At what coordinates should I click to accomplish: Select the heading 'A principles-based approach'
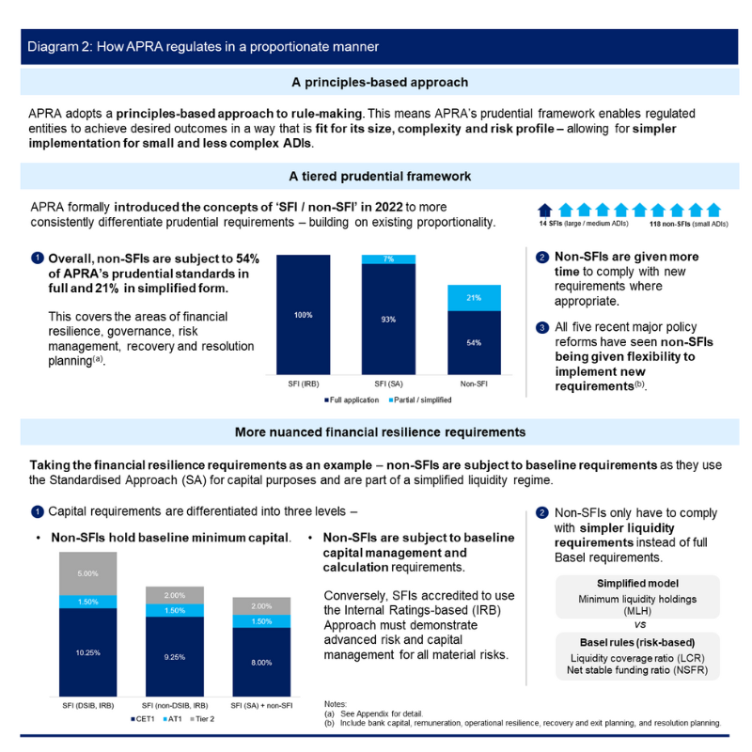pos(379,83)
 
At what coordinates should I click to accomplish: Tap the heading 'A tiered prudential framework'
pos(379,176)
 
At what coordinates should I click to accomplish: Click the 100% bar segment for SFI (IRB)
pos(303,315)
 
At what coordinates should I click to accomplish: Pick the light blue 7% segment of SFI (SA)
pos(388,258)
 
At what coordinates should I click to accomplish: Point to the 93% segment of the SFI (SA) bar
pos(388,321)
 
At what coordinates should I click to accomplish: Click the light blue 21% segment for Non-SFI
pos(474,297)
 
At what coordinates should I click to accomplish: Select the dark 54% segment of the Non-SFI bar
pos(474,343)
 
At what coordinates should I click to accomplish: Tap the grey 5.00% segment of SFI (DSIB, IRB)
pos(87,573)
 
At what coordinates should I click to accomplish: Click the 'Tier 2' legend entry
pos(205,719)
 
